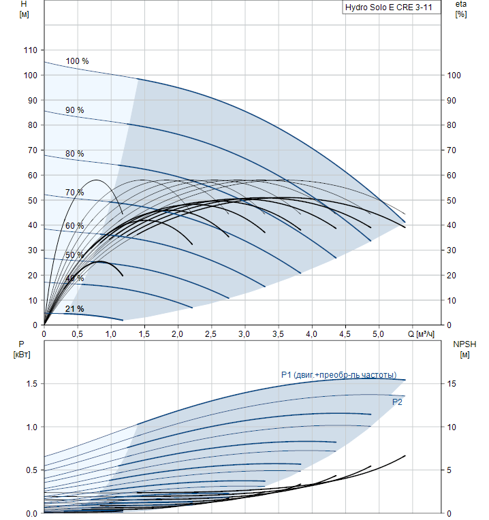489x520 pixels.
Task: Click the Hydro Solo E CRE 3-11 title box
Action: [x=388, y=8]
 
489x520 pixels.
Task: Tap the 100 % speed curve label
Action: [x=77, y=61]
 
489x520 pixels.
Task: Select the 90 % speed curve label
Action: [x=75, y=110]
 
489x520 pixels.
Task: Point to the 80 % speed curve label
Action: [x=75, y=154]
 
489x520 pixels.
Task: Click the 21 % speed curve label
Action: [x=75, y=309]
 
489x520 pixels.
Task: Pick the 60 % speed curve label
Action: [x=75, y=226]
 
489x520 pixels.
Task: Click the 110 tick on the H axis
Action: [x=29, y=50]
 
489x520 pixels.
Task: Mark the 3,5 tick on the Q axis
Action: [x=278, y=334]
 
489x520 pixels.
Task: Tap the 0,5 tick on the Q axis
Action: [x=78, y=334]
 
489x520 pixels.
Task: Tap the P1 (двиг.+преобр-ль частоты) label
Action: [x=338, y=375]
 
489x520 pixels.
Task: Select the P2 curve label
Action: [x=397, y=402]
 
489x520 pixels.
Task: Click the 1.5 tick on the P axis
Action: [x=31, y=384]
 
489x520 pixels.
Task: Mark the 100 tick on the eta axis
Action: [x=453, y=76]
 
